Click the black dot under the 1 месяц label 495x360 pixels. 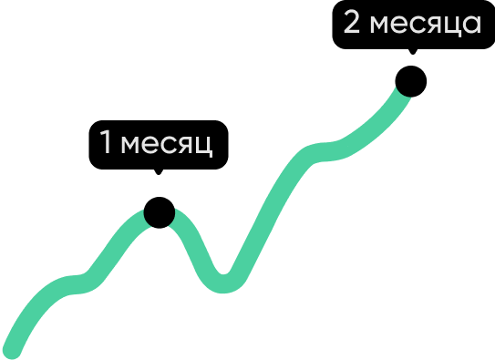tap(159, 214)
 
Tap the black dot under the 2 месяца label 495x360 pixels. tap(410, 84)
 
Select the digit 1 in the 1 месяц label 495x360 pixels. tap(105, 143)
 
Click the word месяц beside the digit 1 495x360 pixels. tap(168, 145)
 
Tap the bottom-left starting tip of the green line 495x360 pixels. tap(11, 350)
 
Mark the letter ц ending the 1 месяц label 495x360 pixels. tap(204, 147)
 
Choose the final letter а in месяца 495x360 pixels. tap(471, 25)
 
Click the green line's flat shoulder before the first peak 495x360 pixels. tap(77, 283)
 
